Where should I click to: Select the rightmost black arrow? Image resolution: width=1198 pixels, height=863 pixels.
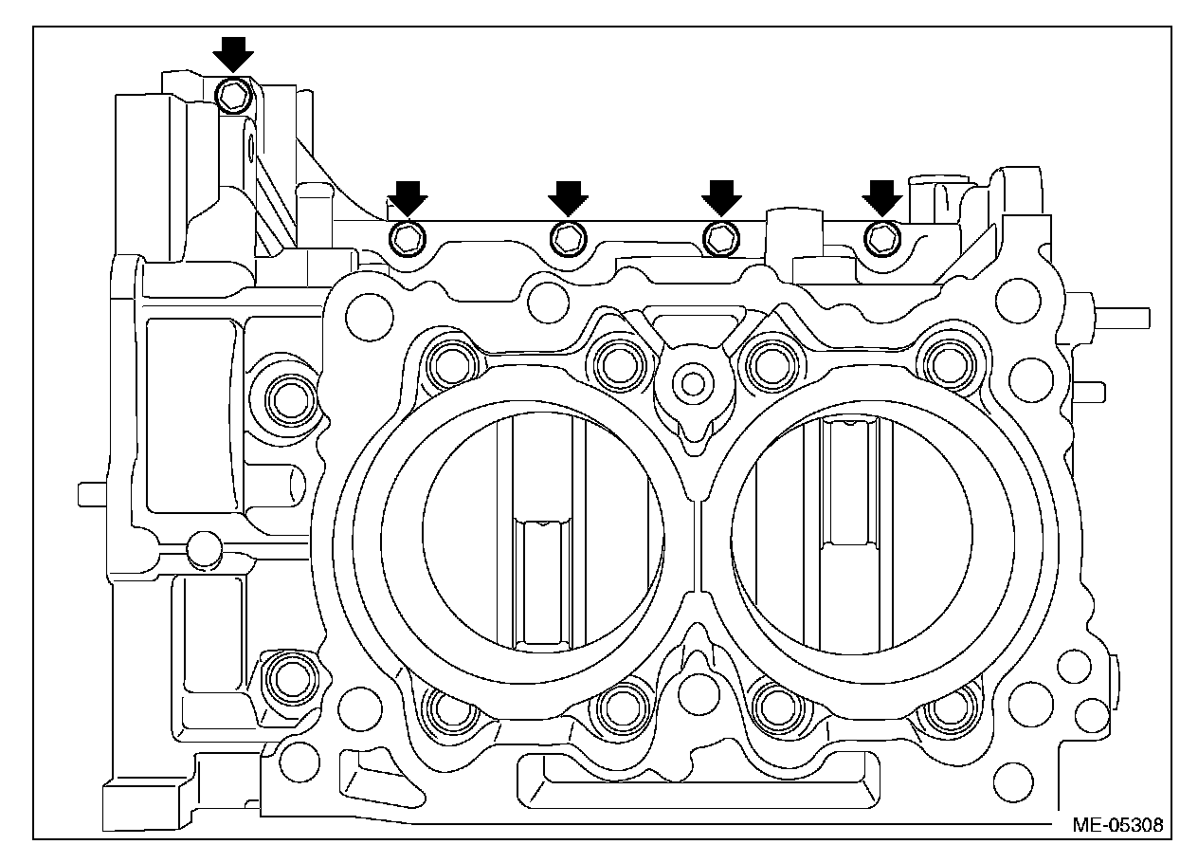882,197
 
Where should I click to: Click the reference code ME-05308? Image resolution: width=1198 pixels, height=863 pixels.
1117,824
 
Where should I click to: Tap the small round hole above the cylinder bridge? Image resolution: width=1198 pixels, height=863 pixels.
693,383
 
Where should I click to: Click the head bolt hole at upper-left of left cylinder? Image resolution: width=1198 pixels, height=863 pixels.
449,363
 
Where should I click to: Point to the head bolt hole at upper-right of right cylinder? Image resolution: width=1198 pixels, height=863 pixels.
945,363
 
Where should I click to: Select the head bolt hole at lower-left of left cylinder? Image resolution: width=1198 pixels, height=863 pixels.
449,707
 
